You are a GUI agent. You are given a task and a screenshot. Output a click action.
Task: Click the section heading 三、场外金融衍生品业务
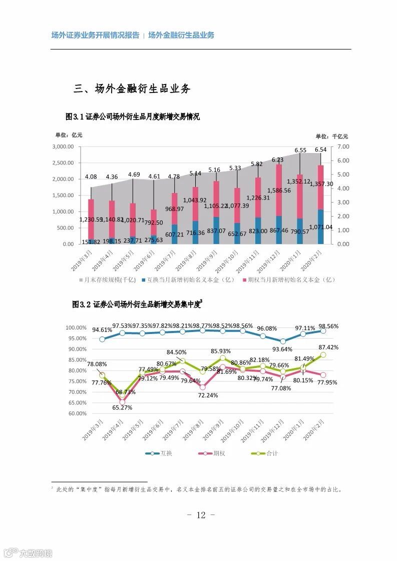[132, 89]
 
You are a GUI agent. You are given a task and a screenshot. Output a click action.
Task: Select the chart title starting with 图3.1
[133, 117]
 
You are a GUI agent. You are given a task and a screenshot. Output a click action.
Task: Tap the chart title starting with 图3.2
[137, 304]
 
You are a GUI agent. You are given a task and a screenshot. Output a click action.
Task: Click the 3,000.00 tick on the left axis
[63, 147]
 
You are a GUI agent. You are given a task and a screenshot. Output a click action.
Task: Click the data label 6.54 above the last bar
[320, 149]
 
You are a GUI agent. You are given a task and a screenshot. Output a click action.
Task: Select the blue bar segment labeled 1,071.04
[320, 226]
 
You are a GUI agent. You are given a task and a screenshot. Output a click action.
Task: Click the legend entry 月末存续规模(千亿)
[107, 280]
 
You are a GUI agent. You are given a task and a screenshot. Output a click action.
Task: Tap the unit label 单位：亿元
[69, 135]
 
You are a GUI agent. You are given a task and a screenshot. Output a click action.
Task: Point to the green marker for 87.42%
[323, 354]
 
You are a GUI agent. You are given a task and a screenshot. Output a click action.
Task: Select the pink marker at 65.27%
[122, 401]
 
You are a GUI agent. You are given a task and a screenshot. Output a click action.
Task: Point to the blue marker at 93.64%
[283, 341]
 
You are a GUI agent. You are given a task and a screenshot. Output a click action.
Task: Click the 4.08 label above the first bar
[91, 177]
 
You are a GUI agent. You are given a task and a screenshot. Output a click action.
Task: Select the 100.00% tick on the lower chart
[76, 327]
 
